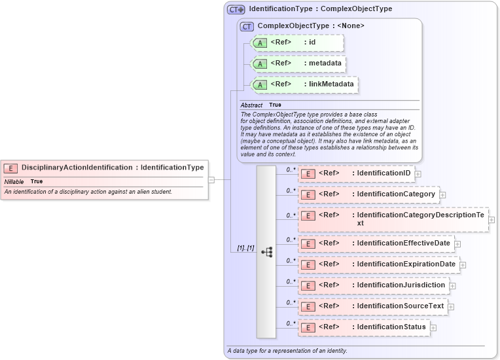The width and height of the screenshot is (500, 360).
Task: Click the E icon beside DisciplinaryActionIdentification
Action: tap(10, 168)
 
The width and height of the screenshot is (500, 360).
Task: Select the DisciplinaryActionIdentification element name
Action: tap(77, 168)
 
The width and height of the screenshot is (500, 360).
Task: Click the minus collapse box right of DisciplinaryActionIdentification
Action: tap(211, 179)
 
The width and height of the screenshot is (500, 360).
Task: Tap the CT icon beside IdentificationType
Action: tap(236, 10)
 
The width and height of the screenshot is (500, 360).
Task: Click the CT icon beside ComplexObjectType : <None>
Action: tap(247, 26)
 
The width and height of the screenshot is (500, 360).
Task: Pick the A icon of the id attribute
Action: tap(260, 43)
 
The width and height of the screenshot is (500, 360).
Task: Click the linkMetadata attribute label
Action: tap(331, 84)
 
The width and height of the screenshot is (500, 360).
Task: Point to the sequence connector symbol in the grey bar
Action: tap(266, 251)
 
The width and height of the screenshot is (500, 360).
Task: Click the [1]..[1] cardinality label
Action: tap(245, 248)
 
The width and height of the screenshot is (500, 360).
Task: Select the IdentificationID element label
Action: tap(384, 173)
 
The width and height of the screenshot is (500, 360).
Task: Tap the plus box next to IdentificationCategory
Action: tap(442, 194)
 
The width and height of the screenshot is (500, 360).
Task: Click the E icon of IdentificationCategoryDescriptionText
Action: tap(308, 215)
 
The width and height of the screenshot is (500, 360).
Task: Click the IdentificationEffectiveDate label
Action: tap(403, 243)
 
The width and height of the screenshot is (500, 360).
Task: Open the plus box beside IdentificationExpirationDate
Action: tap(463, 264)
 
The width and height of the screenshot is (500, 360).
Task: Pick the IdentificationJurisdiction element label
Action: tap(401, 285)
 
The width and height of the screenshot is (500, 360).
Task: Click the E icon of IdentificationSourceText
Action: tap(308, 306)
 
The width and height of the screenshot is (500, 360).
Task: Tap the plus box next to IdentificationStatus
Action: tap(433, 327)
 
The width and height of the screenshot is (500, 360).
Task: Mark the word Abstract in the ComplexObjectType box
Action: tap(251, 105)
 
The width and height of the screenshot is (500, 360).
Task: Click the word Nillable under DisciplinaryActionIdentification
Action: tap(14, 181)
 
